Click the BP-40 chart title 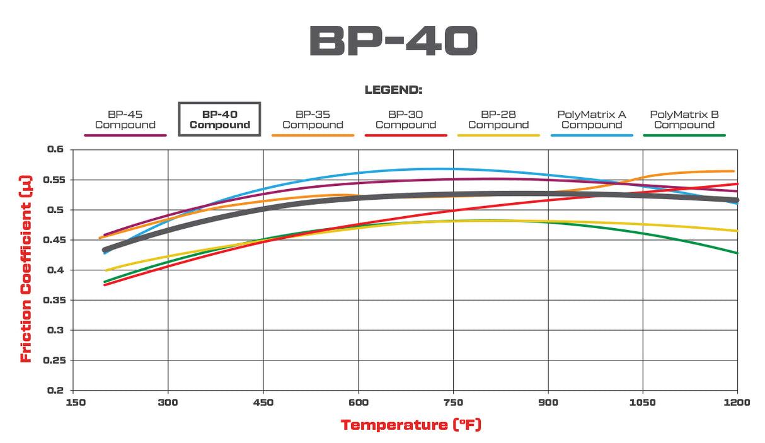tap(393, 42)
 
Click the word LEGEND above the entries tap(393, 90)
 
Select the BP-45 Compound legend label tap(125, 120)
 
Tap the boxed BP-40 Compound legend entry tap(219, 120)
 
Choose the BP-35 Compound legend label tap(313, 120)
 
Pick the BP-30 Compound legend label tap(405, 120)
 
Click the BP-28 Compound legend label tap(498, 120)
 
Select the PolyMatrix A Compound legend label tap(591, 120)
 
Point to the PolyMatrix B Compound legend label tap(684, 120)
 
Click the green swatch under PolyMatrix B tap(684, 135)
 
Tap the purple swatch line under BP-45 tap(125, 135)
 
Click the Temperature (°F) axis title tap(411, 425)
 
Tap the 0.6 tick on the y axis tap(56, 149)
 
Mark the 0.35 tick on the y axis tap(54, 300)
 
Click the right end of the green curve tap(737, 253)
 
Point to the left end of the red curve tap(105, 285)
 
